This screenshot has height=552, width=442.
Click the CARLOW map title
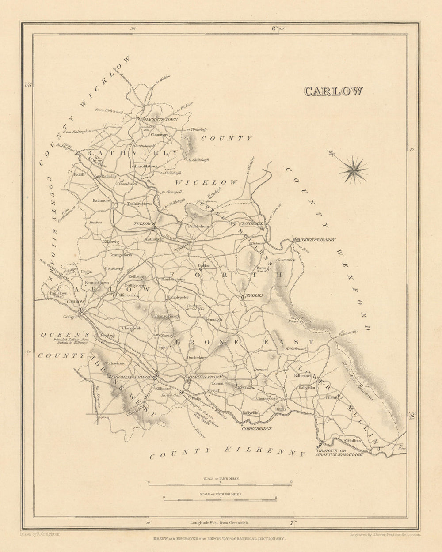pyautogui.click(x=333, y=91)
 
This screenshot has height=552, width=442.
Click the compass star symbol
pyautogui.click(x=354, y=170)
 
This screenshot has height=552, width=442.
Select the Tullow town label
pyautogui.click(x=142, y=224)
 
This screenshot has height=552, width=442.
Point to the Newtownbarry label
pyautogui.click(x=318, y=239)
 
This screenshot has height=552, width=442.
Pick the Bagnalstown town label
pyautogui.click(x=206, y=377)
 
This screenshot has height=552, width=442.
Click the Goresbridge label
pyautogui.click(x=256, y=428)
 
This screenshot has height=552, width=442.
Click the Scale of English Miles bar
pyautogui.click(x=220, y=499)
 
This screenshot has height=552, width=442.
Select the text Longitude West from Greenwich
pyautogui.click(x=220, y=522)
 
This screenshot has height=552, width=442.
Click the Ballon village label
pyautogui.click(x=204, y=265)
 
